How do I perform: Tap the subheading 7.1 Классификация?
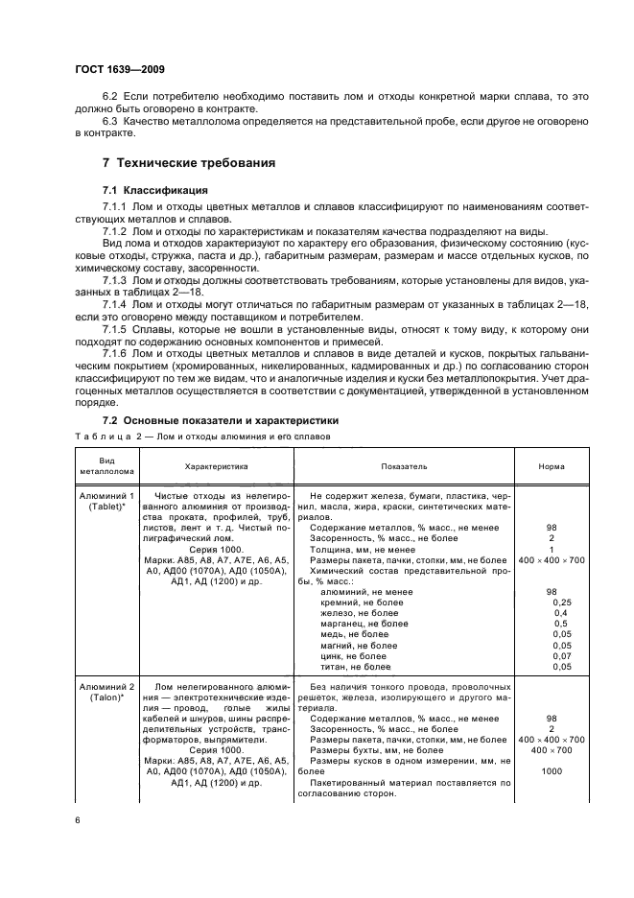154,190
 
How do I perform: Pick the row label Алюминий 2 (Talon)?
106,694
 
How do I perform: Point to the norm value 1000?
552,771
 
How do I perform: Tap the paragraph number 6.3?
110,122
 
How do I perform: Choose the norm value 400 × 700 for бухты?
552,750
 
